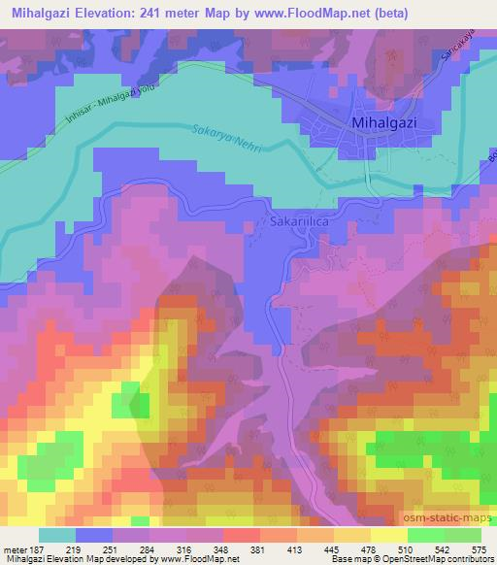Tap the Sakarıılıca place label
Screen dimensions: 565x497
click(x=297, y=221)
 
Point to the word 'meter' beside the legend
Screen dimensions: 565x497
click(x=14, y=548)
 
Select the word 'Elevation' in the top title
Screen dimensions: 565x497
click(x=98, y=14)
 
